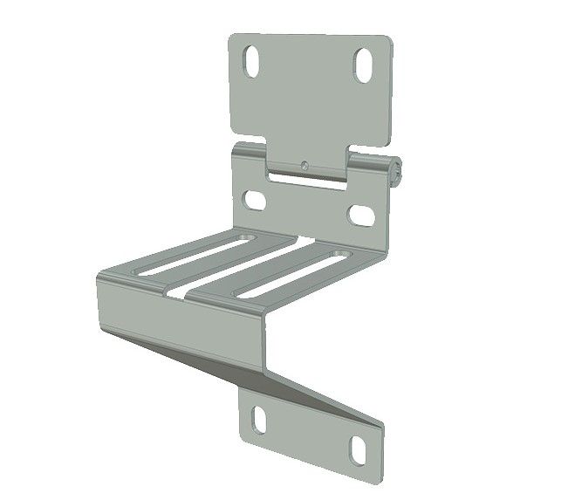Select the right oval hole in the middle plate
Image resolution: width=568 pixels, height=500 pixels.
pos(360,212)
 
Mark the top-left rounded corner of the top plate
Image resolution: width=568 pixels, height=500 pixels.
pos(233,40)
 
